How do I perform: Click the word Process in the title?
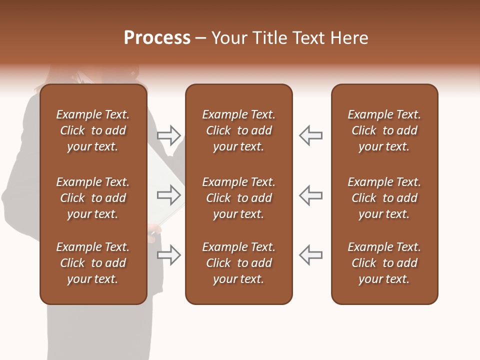[x=157, y=38]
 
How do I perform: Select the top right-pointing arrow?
[x=169, y=135]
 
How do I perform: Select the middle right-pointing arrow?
[x=169, y=195]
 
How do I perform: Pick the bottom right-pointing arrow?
[x=169, y=255]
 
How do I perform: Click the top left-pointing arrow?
[x=311, y=135]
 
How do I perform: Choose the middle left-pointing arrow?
[x=311, y=195]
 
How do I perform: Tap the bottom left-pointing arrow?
[x=311, y=255]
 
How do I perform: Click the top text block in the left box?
[x=93, y=130]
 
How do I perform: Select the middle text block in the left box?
[x=93, y=198]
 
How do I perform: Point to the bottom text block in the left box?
[x=93, y=263]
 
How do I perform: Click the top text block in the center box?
[x=239, y=130]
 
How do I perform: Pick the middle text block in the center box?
[x=239, y=198]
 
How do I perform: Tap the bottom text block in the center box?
[x=239, y=263]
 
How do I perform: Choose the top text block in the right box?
[x=384, y=130]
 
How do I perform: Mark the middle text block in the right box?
[x=384, y=198]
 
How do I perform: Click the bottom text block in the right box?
[x=384, y=263]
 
